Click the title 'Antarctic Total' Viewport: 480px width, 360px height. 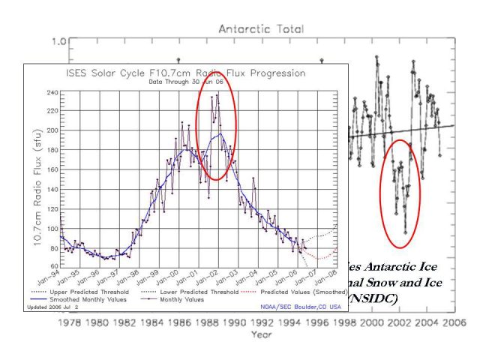point(261,28)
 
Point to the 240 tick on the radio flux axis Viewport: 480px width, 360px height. point(52,92)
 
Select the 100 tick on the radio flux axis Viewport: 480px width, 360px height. point(52,229)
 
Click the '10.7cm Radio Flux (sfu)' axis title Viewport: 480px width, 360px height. point(37,178)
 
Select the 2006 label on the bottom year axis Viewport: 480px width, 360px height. point(454,323)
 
